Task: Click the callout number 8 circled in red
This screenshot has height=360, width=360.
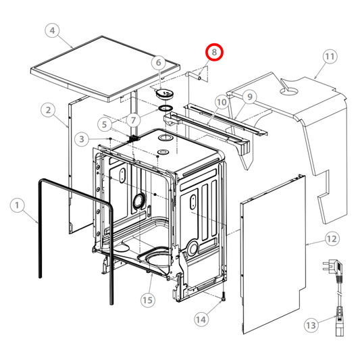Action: (214, 52)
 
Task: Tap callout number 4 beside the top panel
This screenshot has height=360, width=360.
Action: (53, 30)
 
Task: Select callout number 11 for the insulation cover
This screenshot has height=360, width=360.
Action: (330, 57)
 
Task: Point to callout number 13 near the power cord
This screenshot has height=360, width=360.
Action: (311, 325)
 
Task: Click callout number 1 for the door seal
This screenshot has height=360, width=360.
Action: (17, 205)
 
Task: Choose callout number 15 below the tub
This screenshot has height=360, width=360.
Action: (147, 300)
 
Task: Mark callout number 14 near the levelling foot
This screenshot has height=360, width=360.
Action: (201, 319)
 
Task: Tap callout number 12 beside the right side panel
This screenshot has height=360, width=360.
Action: (332, 239)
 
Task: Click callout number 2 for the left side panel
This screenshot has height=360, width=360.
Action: (48, 110)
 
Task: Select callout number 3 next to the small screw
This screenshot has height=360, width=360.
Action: (82, 139)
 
